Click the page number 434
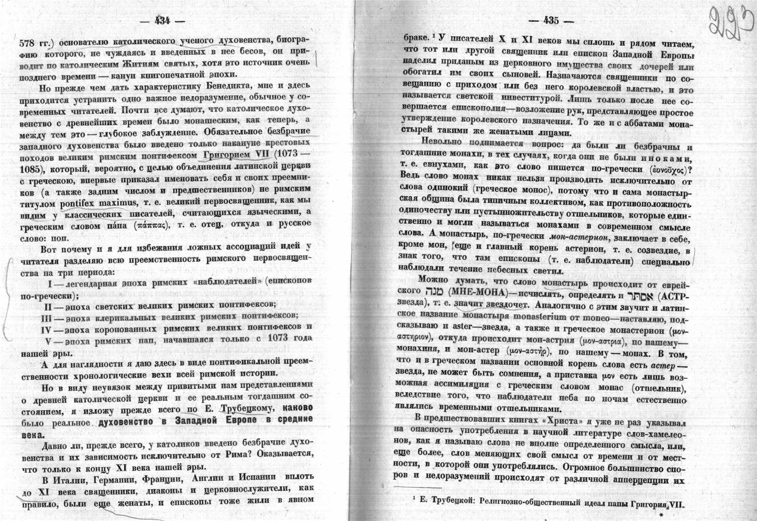[x=162, y=21]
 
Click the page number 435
[x=550, y=21]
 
